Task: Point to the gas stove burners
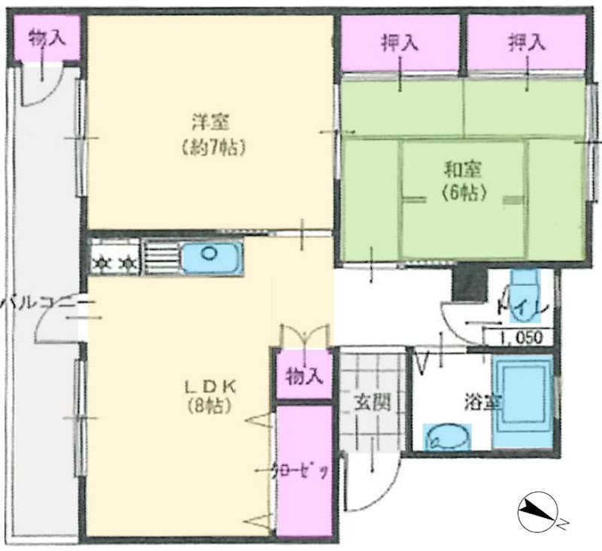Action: coord(115,261)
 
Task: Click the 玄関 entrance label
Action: coord(372,403)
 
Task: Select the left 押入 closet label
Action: coord(400,43)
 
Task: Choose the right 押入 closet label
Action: coord(525,43)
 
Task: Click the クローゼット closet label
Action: coord(303,472)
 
